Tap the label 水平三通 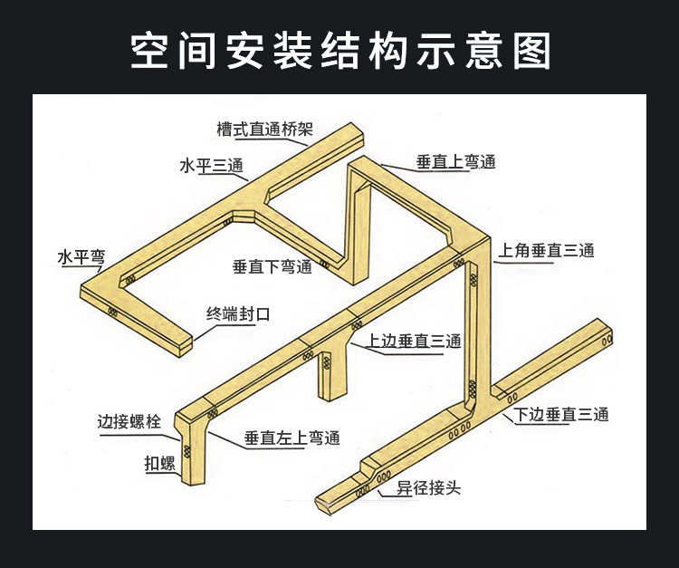point(212,166)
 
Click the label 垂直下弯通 point(272,266)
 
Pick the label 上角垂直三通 point(543,251)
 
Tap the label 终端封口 point(239,315)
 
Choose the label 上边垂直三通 point(414,342)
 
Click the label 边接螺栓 point(129,421)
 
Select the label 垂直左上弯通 point(292,438)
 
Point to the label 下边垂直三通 point(561,415)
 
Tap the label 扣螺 point(159,464)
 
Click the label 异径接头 point(429,487)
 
